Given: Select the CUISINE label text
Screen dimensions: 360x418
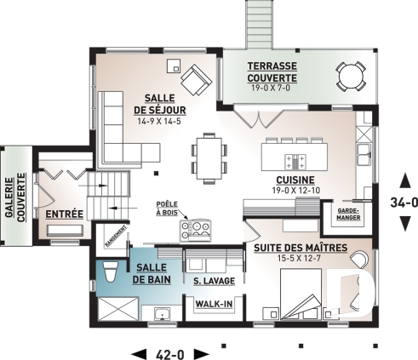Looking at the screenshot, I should (x=295, y=180).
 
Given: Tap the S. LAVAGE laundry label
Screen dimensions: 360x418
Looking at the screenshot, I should (x=208, y=280).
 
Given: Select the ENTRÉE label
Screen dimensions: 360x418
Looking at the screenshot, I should (x=64, y=213).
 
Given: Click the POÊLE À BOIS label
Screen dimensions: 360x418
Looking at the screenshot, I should (x=169, y=210).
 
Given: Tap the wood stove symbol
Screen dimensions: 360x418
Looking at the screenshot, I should (x=200, y=227).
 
